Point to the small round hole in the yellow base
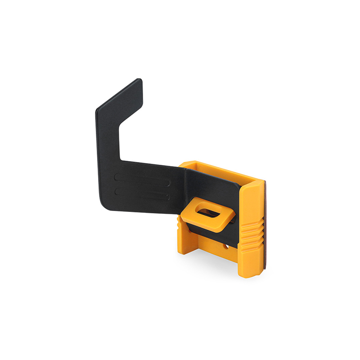click(x=226, y=247)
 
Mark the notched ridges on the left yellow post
click(x=180, y=222)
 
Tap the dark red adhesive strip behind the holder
click(x=264, y=225)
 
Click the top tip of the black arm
click(x=139, y=81)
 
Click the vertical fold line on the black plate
click(x=184, y=189)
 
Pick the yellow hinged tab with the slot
click(x=208, y=215)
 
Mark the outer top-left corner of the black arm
click(x=98, y=111)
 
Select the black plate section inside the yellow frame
click(x=211, y=189)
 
